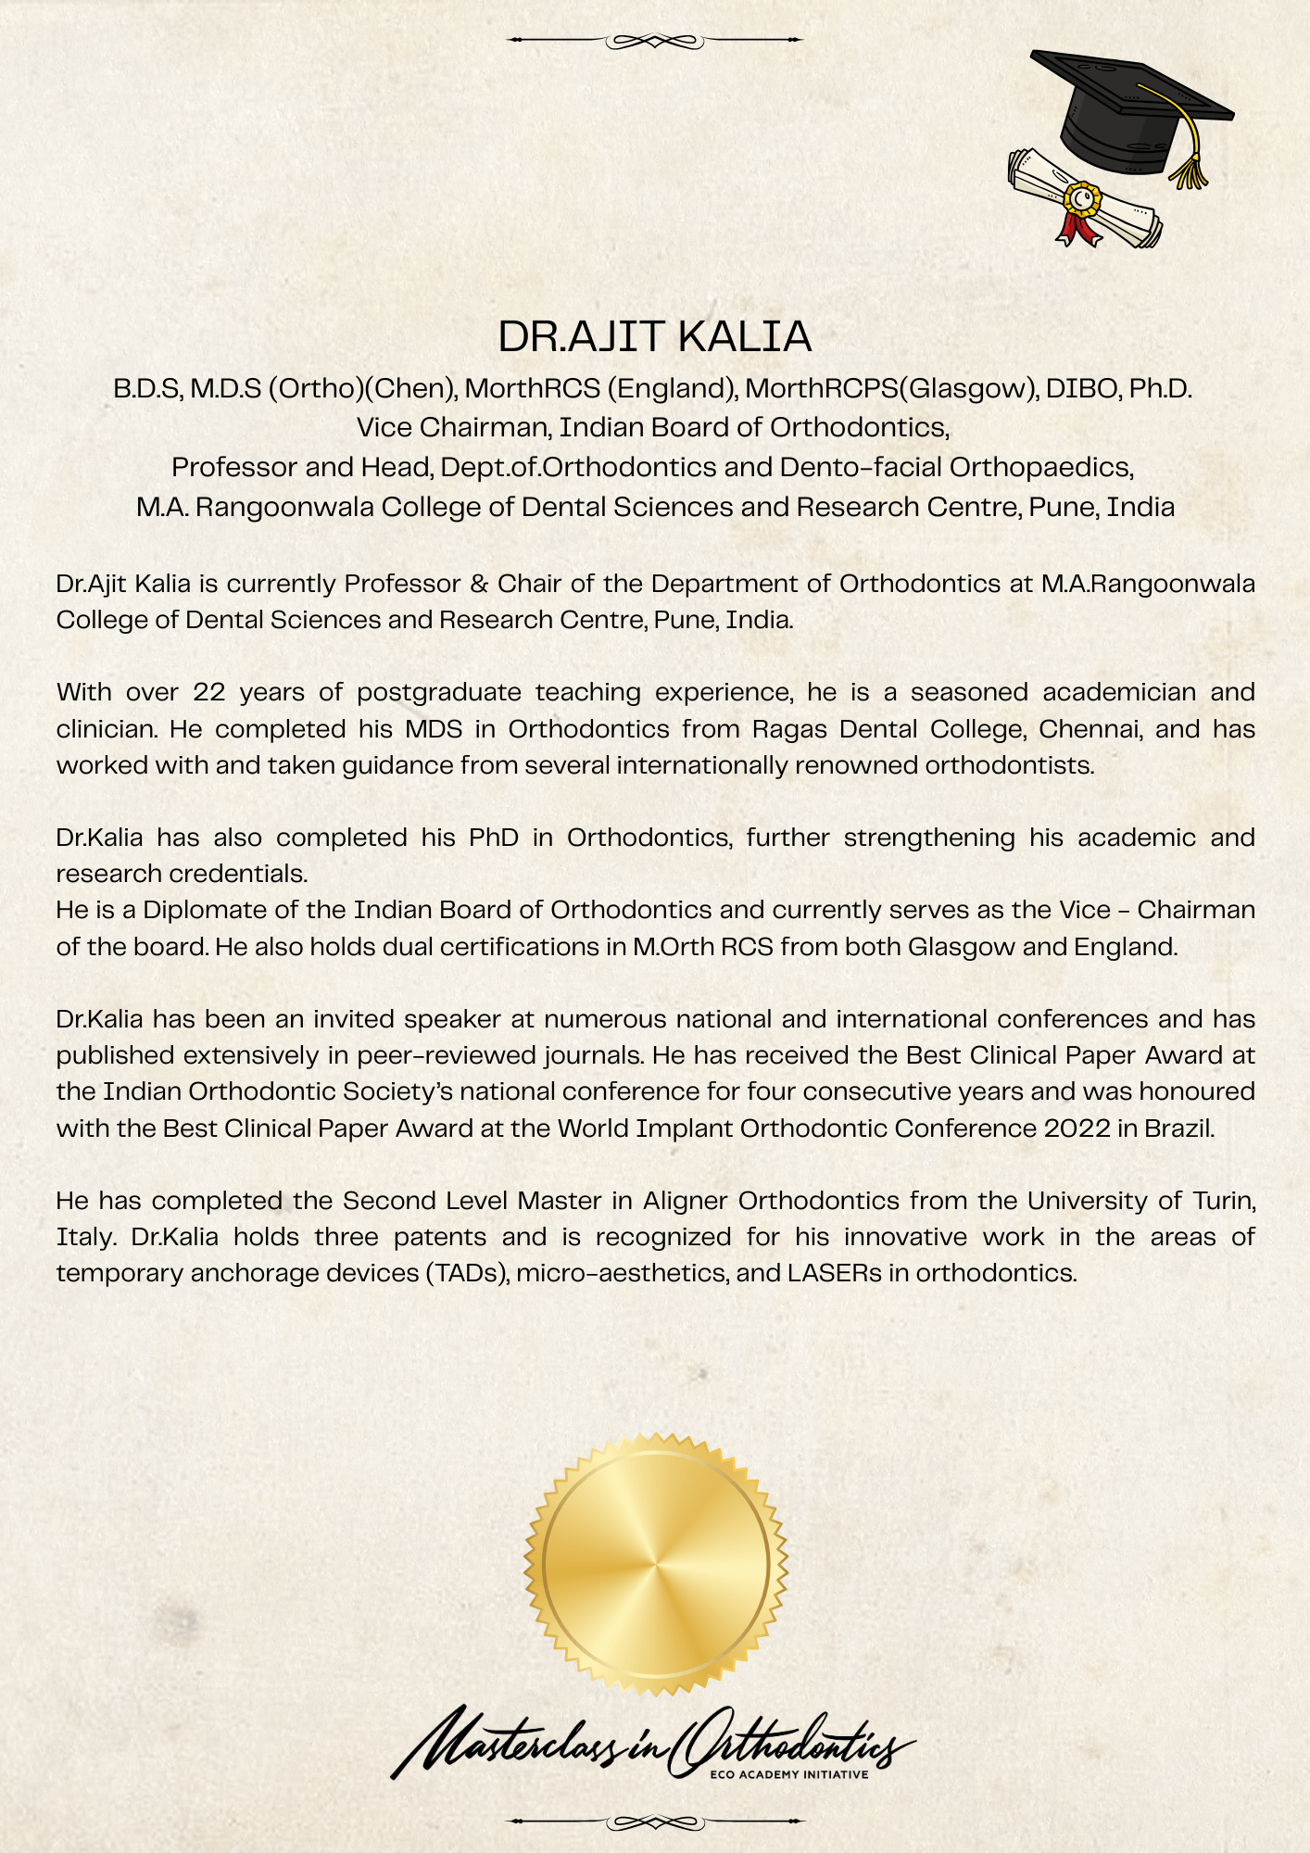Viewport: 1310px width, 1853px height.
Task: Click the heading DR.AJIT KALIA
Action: coord(654,337)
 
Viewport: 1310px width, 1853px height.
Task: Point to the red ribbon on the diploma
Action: coord(1075,226)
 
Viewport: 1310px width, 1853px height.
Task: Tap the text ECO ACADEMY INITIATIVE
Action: coord(788,1775)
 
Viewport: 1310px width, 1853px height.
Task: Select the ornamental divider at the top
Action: coord(655,41)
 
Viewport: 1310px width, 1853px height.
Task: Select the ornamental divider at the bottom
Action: coord(655,1822)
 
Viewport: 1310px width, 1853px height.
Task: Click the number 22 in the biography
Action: coord(209,692)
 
